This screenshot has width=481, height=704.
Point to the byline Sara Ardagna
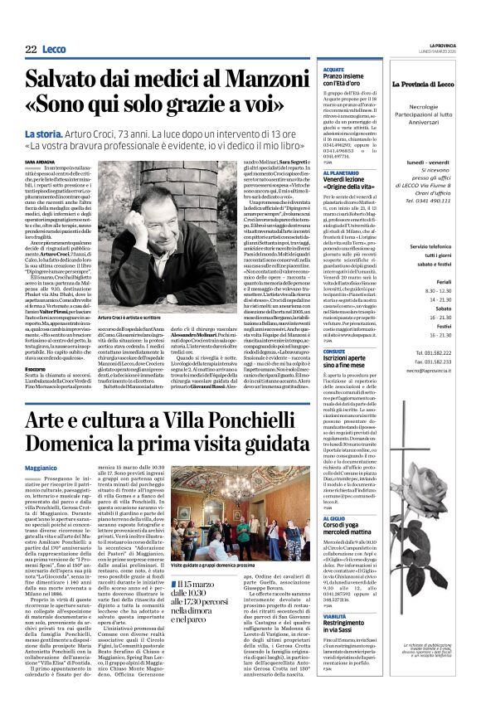tap(39, 162)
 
